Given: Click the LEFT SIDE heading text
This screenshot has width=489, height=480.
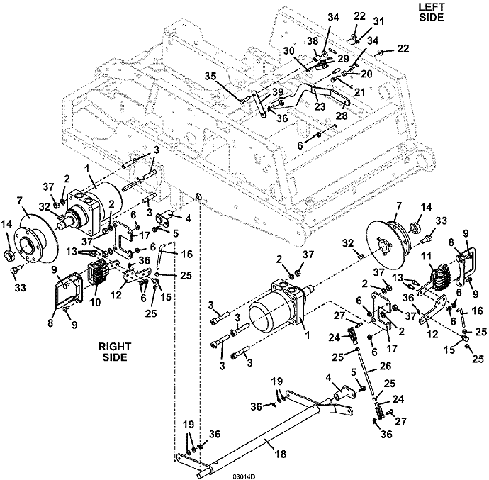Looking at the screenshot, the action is pos(432,12).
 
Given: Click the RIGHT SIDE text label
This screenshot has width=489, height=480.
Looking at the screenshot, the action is pos(115,352).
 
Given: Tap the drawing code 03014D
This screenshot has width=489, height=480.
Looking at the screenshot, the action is pos(244,476).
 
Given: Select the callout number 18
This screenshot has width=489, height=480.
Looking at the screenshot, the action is pos(281,454).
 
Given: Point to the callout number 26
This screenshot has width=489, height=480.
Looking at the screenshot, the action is pos(385,365).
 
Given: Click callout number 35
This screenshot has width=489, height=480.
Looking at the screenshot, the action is pos(210,76).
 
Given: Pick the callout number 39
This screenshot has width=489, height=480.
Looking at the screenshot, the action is pos(277,91).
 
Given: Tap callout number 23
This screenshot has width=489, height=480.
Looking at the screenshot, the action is pos(320,106).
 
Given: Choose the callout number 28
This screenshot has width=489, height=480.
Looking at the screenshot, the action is pos(342,116).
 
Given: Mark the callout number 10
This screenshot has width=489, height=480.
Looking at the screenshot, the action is pos(96,302).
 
